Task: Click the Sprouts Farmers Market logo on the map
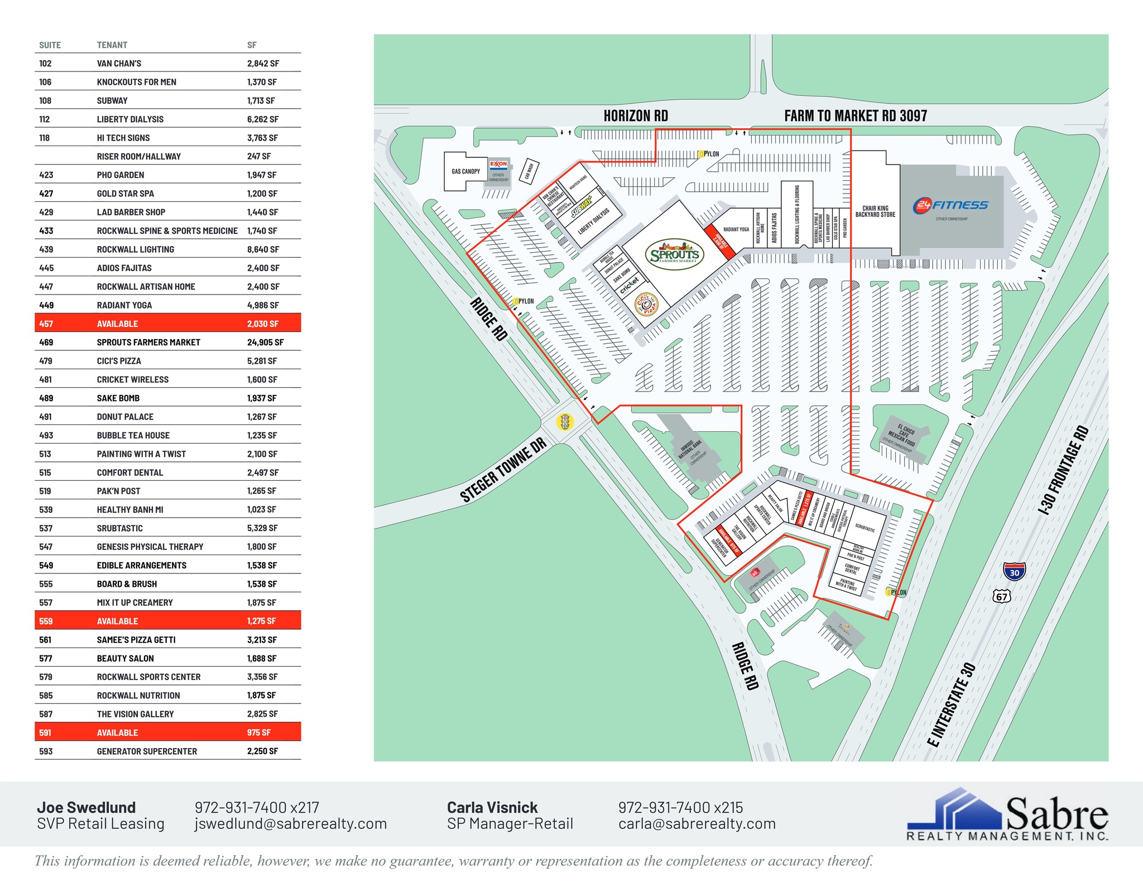tap(674, 255)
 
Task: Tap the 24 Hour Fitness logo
tap(950, 205)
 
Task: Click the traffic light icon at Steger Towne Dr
tap(565, 422)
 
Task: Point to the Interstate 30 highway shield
tap(1014, 572)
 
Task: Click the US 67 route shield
tap(1002, 596)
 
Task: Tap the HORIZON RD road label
tap(636, 116)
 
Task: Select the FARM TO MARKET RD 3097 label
tap(855, 116)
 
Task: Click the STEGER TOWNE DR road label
tap(502, 470)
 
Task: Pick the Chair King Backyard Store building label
tap(875, 211)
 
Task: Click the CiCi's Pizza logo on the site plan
tap(647, 305)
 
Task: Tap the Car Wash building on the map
tap(529, 171)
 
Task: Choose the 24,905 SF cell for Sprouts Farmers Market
tap(265, 342)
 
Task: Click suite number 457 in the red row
tap(46, 324)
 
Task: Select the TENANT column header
tap(112, 45)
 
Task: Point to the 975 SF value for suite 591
tap(259, 732)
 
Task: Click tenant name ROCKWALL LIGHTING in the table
tap(136, 249)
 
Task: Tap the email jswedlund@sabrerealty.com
tap(290, 824)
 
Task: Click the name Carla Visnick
tap(492, 807)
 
